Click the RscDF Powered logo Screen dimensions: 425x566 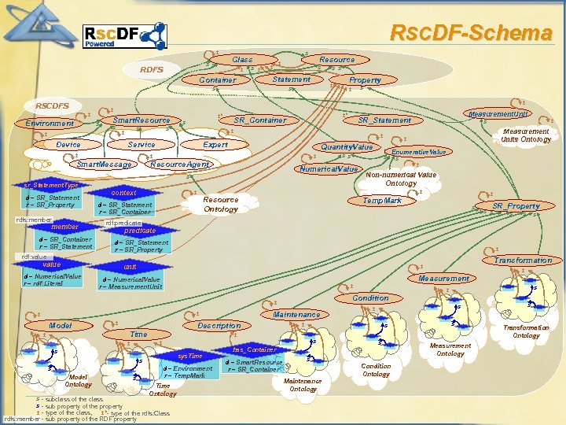(x=123, y=35)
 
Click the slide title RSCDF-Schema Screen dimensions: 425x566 (x=471, y=33)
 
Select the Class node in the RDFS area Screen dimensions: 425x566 (x=242, y=60)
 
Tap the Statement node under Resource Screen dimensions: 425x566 (x=291, y=79)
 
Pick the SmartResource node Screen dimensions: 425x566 (x=141, y=120)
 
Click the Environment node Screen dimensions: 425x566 (x=50, y=124)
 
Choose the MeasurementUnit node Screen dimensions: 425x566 (x=498, y=114)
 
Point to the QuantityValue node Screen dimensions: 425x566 (x=347, y=147)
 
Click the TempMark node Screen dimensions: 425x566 (x=382, y=201)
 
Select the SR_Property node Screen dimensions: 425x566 (x=516, y=206)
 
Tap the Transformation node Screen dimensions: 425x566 (x=522, y=261)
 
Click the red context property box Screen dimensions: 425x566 (x=123, y=193)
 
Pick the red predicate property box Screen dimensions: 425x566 (x=140, y=231)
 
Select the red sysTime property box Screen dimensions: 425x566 (x=189, y=357)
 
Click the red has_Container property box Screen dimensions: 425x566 (x=255, y=349)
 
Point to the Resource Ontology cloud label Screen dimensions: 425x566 (x=220, y=205)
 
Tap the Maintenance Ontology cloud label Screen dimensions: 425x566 (x=303, y=385)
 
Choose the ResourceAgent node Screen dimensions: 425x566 (x=179, y=164)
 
